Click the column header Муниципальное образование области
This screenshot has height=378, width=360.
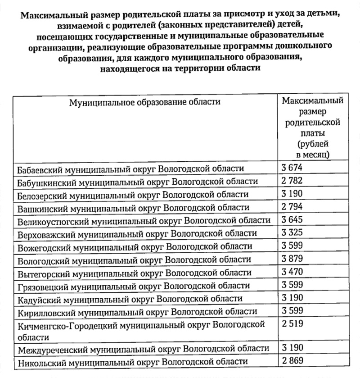tap(144, 102)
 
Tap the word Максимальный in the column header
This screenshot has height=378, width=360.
tap(312, 100)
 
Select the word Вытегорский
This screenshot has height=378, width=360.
tap(42, 273)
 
